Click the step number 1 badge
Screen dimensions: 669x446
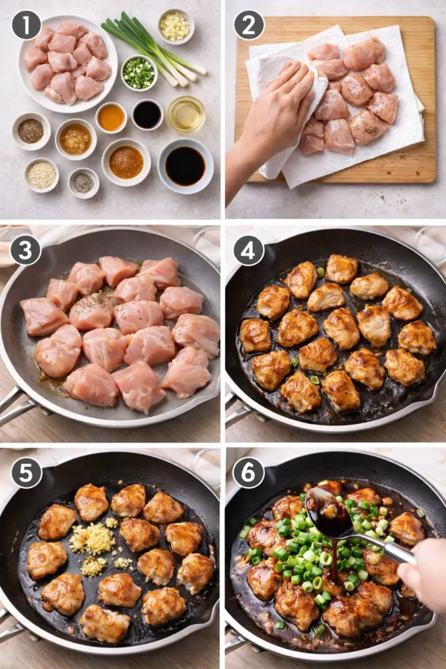tap(26, 25)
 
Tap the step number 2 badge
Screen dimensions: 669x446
tap(249, 25)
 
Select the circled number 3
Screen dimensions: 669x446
tap(26, 250)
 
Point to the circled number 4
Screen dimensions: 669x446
tap(249, 250)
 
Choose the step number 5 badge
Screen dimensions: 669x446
tap(26, 472)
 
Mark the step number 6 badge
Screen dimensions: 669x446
tap(249, 472)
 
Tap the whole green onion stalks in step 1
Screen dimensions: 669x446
tap(154, 49)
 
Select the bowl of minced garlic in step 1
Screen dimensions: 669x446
tap(175, 25)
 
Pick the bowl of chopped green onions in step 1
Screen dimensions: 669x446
tap(138, 73)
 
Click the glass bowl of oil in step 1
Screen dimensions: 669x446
tap(186, 114)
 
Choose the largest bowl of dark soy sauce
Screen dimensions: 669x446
tap(185, 166)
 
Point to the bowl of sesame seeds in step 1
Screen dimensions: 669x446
tap(42, 175)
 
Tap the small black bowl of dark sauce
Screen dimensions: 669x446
tap(147, 114)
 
